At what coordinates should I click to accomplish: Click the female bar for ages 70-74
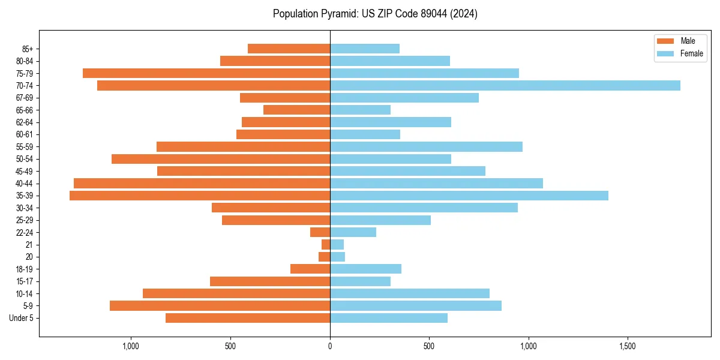(505, 86)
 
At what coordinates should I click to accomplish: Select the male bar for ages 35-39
(200, 196)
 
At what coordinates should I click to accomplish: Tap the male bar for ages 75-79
(206, 73)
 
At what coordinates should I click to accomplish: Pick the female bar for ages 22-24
(353, 232)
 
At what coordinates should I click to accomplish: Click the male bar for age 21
(326, 245)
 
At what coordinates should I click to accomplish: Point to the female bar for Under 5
(388, 318)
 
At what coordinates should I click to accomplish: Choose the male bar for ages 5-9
(220, 306)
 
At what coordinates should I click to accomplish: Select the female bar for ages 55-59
(426, 147)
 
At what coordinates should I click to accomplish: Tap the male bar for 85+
(289, 49)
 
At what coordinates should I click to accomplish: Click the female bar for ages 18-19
(365, 269)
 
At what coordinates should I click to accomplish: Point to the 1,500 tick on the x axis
(627, 347)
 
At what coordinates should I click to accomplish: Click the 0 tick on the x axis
(330, 347)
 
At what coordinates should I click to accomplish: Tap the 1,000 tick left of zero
(131, 347)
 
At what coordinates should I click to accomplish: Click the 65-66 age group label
(25, 110)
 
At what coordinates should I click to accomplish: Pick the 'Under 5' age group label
(21, 318)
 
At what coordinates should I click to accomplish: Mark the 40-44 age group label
(25, 184)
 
